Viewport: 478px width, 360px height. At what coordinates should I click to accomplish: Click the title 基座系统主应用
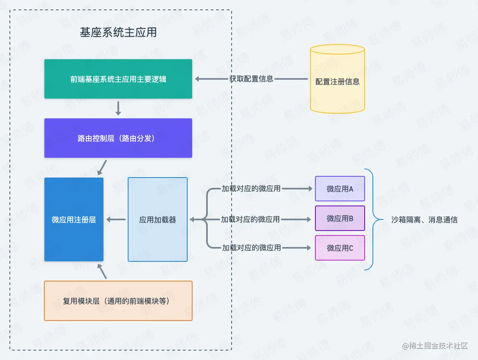tap(118, 32)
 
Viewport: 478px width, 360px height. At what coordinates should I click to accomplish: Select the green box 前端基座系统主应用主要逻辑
tap(118, 79)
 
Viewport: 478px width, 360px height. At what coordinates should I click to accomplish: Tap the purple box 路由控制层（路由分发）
tap(118, 138)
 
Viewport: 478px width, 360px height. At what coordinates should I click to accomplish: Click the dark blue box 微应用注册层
tap(74, 219)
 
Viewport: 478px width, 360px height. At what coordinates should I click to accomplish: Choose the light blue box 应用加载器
tap(158, 219)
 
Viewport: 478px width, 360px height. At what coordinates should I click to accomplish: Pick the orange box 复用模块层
tap(118, 301)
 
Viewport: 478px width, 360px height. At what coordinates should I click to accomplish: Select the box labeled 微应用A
tap(340, 189)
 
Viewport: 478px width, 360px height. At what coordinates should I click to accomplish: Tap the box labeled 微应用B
tap(340, 218)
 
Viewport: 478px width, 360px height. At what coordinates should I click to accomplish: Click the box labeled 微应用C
tap(340, 248)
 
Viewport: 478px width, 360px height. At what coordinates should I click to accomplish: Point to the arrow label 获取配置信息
tap(251, 79)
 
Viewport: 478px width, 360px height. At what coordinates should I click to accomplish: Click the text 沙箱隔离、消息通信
tap(425, 219)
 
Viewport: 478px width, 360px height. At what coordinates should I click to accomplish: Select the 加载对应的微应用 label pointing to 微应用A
tap(251, 189)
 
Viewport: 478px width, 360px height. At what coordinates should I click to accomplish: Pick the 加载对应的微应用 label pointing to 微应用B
tap(250, 219)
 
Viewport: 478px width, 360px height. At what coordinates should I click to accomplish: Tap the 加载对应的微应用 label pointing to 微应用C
tap(251, 248)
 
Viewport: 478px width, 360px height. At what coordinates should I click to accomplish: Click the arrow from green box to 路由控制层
tap(118, 108)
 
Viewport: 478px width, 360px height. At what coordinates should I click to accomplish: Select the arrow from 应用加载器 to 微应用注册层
tap(116, 220)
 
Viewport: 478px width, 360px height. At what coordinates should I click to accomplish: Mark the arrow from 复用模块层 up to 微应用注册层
tap(103, 271)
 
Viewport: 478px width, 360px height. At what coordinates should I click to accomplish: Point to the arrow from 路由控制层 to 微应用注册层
tap(102, 167)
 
